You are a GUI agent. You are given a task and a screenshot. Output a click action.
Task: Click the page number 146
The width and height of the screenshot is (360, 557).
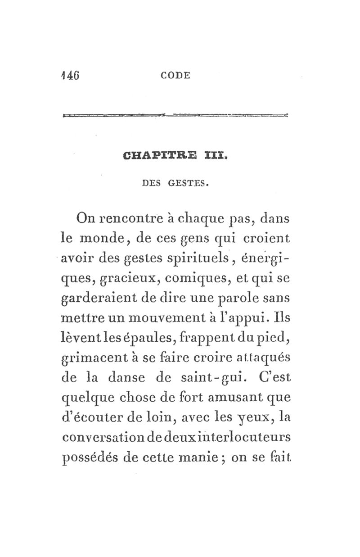[x=70, y=75]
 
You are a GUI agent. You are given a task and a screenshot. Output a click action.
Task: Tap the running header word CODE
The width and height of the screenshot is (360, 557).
[x=175, y=76]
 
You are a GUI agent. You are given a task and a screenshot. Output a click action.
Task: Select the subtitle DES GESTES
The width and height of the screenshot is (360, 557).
[x=175, y=183]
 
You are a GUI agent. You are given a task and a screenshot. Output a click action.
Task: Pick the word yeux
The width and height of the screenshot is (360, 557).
[x=252, y=419]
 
